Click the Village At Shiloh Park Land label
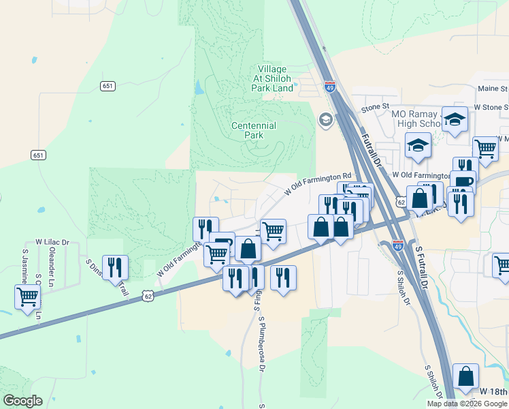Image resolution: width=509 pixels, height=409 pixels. point(272,78)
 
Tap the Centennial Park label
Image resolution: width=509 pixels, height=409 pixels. point(254,130)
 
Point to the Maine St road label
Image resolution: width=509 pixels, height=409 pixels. point(493,89)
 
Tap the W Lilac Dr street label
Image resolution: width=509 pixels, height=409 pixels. point(52,242)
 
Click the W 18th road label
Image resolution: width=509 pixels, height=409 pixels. point(493,391)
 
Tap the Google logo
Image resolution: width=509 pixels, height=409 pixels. point(22,401)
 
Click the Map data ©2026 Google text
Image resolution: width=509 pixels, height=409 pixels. point(467,404)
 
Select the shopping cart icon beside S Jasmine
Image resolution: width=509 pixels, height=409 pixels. point(27,297)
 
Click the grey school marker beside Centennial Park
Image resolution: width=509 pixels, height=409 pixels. point(325,121)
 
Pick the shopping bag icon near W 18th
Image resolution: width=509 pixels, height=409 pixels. point(465,376)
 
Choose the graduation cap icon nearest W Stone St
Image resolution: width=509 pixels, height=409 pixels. point(455,119)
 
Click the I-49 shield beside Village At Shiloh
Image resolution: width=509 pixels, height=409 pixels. point(330,87)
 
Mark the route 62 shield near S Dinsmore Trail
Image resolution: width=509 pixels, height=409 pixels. point(148,295)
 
